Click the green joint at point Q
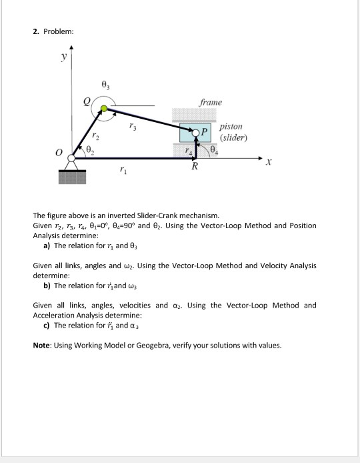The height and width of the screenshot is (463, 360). point(103,109)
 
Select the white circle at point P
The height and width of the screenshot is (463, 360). point(195,133)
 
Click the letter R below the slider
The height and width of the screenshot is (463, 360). point(195,167)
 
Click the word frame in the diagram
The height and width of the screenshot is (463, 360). point(211,102)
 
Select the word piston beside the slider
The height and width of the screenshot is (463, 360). point(231,125)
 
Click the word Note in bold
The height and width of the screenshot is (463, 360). point(43,346)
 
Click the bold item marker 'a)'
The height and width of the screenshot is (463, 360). point(47,246)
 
